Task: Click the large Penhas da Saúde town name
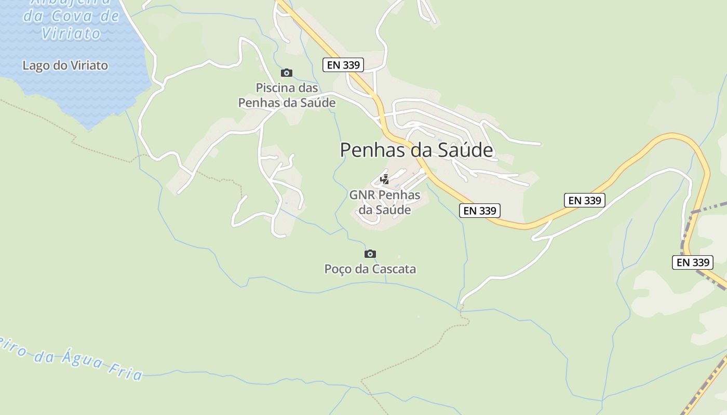coord(416,150)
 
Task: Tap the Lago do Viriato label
coord(65,65)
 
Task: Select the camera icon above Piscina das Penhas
coord(287,73)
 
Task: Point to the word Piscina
coord(275,88)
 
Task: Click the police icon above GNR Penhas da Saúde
coord(385,179)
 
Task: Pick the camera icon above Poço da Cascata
coord(370,254)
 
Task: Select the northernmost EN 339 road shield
coord(343,65)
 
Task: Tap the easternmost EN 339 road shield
coord(693,262)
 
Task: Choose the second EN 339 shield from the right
coord(585,200)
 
